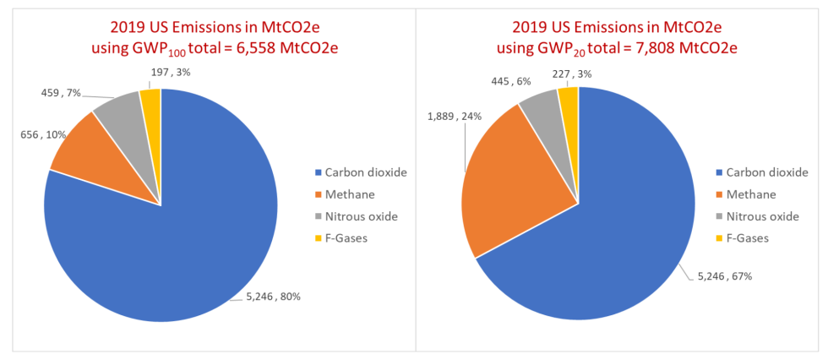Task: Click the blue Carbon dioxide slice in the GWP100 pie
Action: [x=169, y=245]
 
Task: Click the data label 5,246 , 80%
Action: [x=273, y=296]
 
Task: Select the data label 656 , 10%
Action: [x=41, y=135]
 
